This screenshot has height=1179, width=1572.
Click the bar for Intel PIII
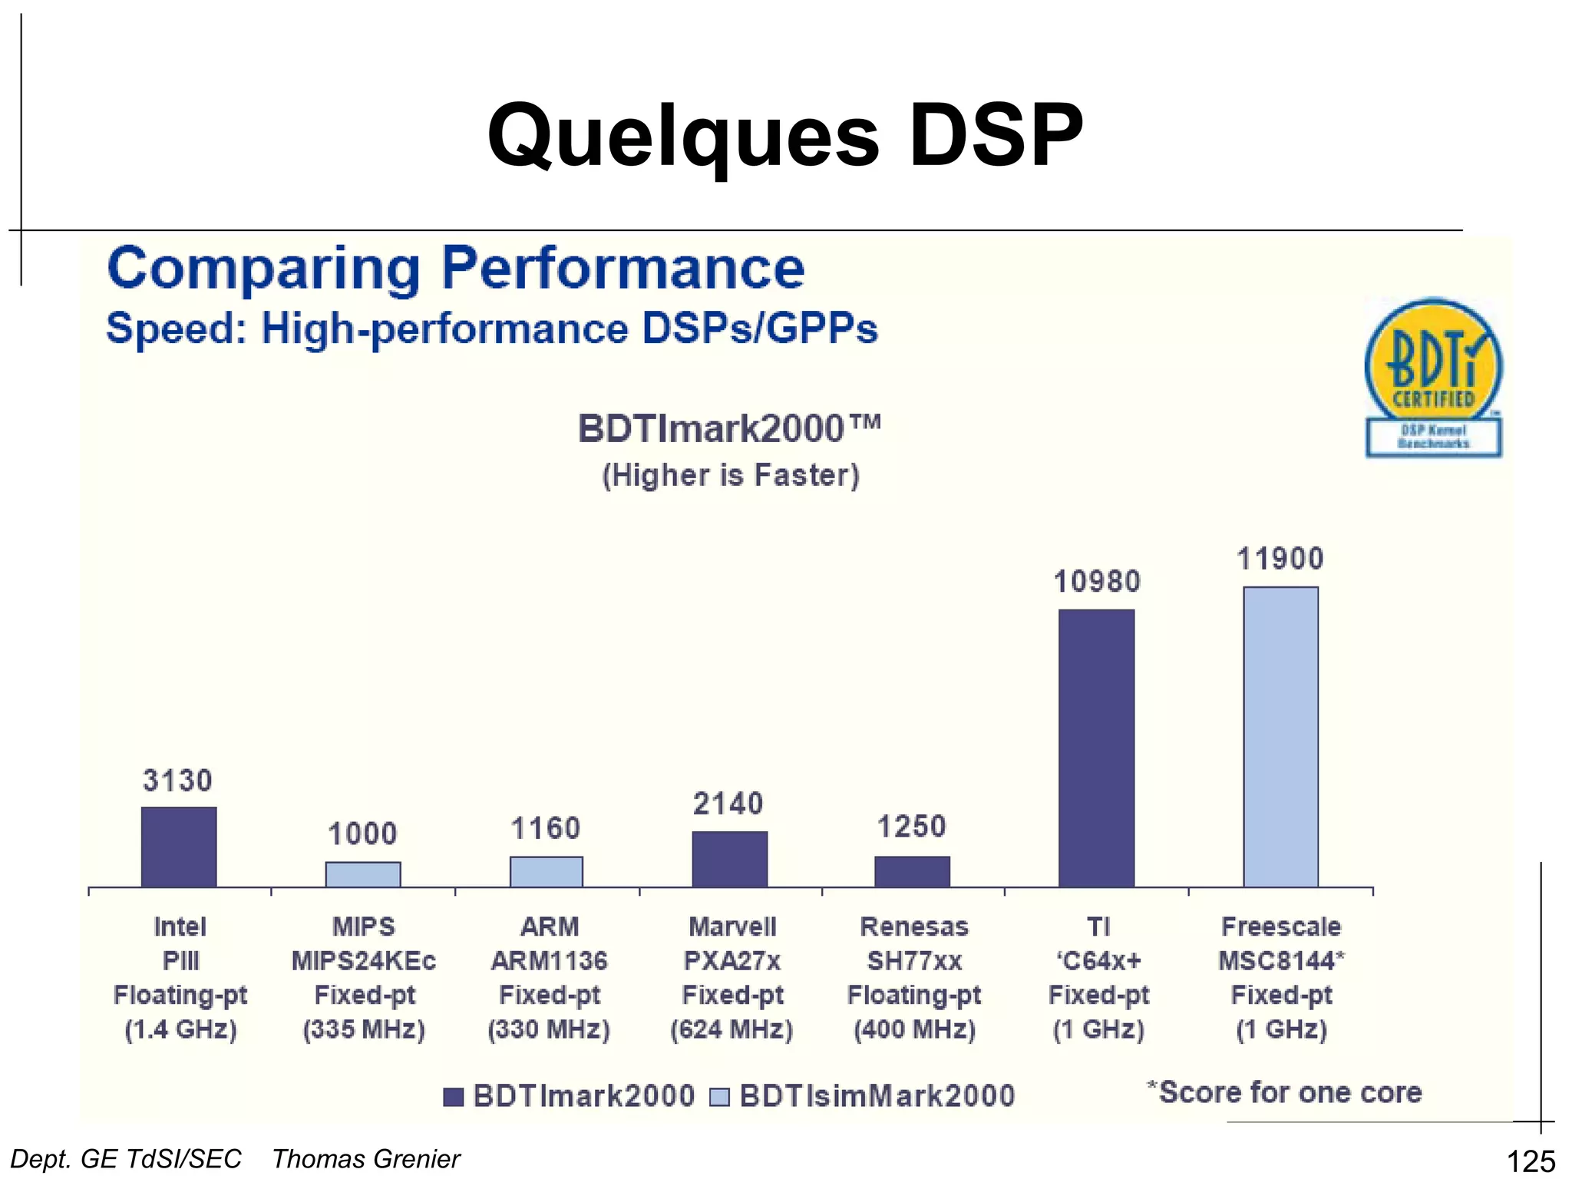point(179,847)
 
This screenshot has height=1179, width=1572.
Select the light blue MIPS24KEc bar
point(363,874)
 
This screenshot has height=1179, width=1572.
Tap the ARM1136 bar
point(547,871)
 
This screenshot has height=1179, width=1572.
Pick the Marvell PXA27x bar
point(729,859)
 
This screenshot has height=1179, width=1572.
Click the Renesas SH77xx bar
point(913,871)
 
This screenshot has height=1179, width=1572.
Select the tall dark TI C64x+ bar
point(1096,748)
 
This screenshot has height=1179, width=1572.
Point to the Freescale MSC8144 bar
point(1280,737)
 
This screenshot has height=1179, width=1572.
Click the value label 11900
point(1280,559)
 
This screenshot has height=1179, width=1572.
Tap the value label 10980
point(1097,582)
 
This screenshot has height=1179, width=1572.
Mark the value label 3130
point(177,781)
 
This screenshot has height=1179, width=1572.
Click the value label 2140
point(728,804)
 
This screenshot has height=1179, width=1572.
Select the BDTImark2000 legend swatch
point(454,1097)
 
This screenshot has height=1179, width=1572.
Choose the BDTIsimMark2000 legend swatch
point(719,1097)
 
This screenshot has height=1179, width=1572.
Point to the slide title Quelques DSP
point(784,136)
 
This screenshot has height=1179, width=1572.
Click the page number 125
point(1531,1161)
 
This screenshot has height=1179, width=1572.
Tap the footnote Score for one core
point(1284,1092)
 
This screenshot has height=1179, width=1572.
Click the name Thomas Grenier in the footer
point(366,1159)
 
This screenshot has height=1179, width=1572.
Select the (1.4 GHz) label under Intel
point(180,1029)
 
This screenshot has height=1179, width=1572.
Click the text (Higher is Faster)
point(730,475)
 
